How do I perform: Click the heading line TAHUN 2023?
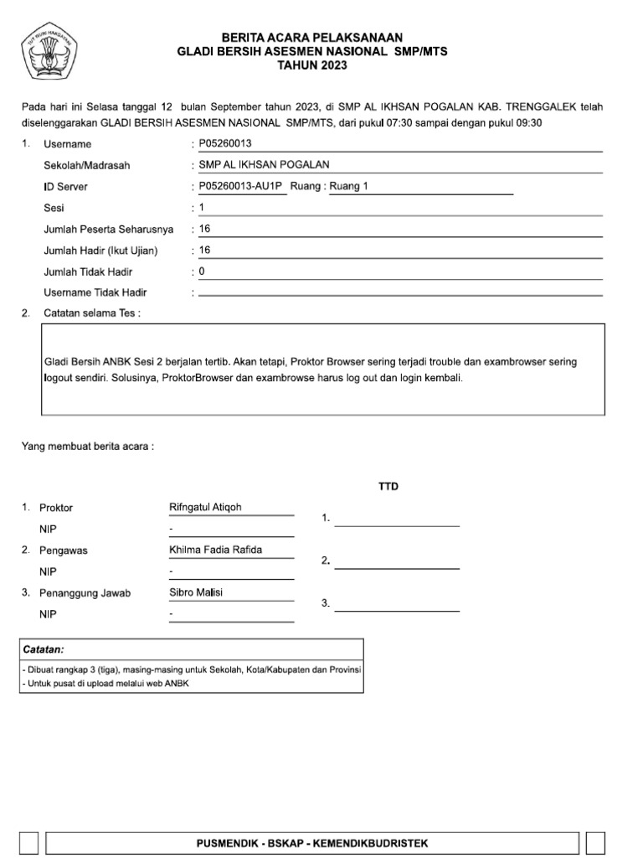pos(311,65)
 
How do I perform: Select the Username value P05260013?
pos(225,144)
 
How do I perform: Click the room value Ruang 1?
pos(349,186)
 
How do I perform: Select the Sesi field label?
pos(54,208)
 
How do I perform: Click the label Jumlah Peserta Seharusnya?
pos(108,229)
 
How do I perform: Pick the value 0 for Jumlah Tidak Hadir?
pos(202,271)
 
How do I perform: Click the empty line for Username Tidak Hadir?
pos(400,294)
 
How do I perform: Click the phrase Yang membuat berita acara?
pos(87,447)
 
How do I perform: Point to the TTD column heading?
pos(388,486)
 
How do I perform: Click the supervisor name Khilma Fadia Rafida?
pos(215,550)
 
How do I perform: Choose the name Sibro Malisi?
pos(197,592)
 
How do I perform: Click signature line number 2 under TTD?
pos(397,567)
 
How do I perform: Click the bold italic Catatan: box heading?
pos(44,649)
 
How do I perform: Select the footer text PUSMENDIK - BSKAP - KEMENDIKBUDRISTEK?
pos(311,843)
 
